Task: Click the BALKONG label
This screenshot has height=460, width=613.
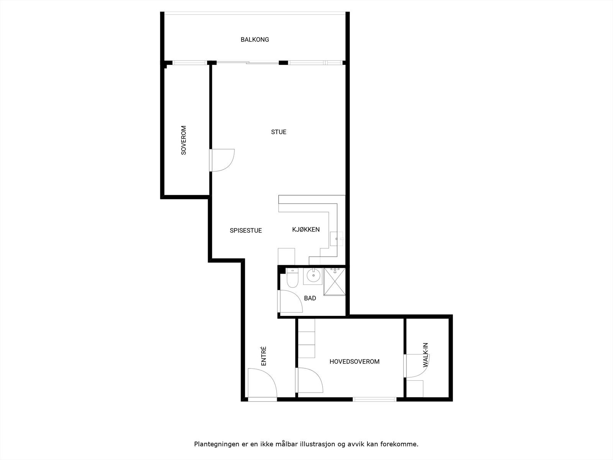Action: click(x=255, y=39)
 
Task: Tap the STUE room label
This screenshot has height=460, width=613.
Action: click(x=279, y=132)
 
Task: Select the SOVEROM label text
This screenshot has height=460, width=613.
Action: click(x=184, y=140)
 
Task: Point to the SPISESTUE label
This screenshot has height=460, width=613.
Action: click(x=246, y=230)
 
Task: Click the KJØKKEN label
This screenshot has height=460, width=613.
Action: click(x=306, y=230)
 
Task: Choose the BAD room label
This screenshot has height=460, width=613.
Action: click(x=310, y=298)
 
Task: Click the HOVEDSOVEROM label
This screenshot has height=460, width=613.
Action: click(x=354, y=361)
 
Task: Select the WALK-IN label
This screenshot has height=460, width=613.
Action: click(x=425, y=355)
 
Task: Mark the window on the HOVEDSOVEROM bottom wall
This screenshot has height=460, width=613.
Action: click(x=374, y=399)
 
